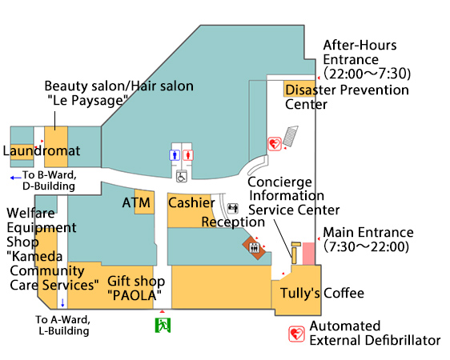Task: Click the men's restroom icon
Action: pos(175,155)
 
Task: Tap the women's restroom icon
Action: pos(188,155)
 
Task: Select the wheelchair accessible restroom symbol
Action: pos(182,176)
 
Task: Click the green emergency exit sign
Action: pos(163,326)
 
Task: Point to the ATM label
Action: pos(136,202)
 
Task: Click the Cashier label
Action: pos(191,202)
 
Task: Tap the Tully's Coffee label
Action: pos(322,294)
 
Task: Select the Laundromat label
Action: pos(42,150)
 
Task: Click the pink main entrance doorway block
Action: pos(308,254)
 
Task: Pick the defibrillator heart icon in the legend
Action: pos(296,334)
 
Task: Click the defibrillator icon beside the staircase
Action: pos(275,144)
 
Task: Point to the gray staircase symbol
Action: pos(291,136)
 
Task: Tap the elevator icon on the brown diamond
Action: pos(255,247)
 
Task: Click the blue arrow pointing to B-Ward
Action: pos(16,178)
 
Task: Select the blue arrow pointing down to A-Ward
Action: pos(62,302)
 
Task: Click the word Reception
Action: pos(233,222)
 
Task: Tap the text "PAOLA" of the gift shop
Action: pos(135,295)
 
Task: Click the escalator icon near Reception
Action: pos(233,208)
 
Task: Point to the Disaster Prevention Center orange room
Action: pos(299,89)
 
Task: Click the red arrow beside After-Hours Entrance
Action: pos(319,78)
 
